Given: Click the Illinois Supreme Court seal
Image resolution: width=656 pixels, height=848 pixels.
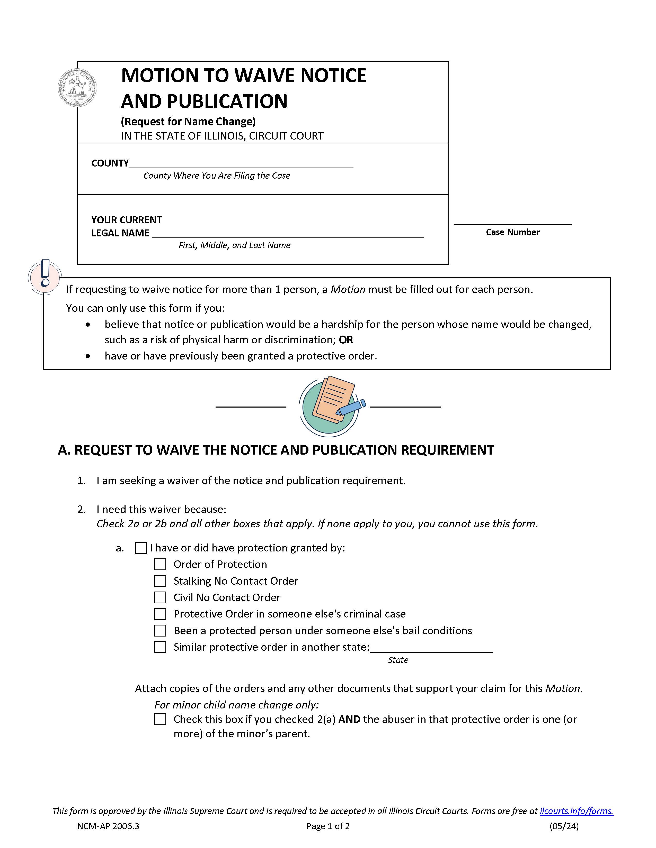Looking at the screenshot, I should [x=77, y=87].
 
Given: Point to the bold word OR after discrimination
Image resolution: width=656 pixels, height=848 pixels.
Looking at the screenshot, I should [x=345, y=340].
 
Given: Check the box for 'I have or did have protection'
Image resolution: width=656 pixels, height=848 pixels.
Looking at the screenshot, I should [x=141, y=548].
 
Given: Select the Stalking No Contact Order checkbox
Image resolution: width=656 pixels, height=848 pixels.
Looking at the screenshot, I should [x=160, y=581].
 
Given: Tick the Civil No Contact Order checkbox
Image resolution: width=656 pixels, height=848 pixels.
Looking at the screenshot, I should [x=160, y=597].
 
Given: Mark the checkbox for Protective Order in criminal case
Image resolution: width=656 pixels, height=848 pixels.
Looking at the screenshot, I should [x=160, y=614].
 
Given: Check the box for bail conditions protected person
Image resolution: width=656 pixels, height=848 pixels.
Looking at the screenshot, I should [x=160, y=631].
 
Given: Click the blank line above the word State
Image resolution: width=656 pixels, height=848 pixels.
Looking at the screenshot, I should [x=431, y=648].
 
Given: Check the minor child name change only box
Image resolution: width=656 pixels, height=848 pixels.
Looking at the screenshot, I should [x=160, y=720].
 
